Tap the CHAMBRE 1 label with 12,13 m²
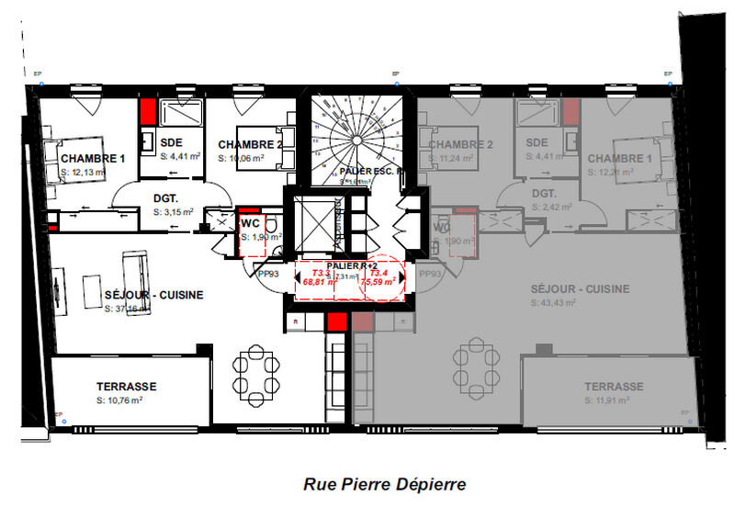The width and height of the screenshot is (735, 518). (92, 158)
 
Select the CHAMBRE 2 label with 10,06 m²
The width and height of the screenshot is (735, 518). (249, 144)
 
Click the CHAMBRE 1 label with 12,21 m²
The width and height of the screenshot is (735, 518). (620, 158)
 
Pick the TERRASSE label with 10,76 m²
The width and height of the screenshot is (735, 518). (128, 387)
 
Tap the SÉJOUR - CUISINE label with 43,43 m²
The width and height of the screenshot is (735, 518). (581, 288)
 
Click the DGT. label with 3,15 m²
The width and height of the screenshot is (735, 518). (165, 197)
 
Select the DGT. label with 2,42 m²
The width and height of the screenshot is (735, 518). (545, 194)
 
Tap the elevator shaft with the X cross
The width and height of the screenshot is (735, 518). (314, 221)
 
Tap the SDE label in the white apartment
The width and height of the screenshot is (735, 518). (171, 143)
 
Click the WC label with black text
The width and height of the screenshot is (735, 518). (251, 224)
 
